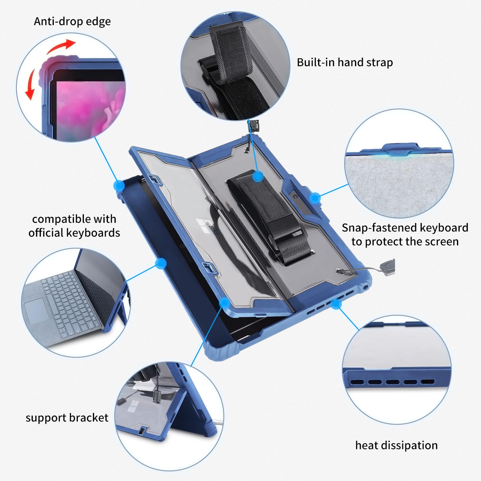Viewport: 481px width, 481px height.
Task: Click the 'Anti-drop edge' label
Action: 72,22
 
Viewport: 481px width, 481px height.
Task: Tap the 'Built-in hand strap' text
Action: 345,63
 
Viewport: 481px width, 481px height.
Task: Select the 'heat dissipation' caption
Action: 396,445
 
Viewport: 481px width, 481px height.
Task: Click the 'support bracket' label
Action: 67,418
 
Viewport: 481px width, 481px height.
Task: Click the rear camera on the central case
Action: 296,197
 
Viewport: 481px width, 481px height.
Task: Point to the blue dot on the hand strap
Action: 258,176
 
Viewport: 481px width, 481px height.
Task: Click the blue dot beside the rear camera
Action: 314,198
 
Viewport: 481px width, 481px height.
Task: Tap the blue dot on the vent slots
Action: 335,304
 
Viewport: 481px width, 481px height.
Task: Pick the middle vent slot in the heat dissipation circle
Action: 393,382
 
